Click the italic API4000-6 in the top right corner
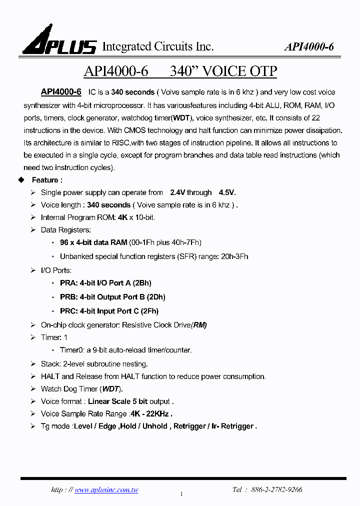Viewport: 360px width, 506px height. coord(308,47)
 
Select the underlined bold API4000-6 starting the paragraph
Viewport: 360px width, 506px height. coord(61,92)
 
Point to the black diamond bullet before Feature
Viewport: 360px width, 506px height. coord(21,180)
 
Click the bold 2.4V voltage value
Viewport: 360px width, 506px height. coord(177,192)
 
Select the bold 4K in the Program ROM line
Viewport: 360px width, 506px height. coord(122,217)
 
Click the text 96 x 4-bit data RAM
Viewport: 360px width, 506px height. coord(93,242)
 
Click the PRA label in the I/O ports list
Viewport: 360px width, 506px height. coord(68,283)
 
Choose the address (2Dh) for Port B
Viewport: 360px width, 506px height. coord(156,297)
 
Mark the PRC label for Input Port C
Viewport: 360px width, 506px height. coord(68,311)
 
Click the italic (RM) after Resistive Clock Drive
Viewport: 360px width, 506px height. coord(198,325)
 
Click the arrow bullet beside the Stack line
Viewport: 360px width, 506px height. coord(33,364)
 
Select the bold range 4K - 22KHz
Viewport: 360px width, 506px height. coord(151,414)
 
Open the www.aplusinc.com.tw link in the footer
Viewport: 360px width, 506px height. coord(106,490)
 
